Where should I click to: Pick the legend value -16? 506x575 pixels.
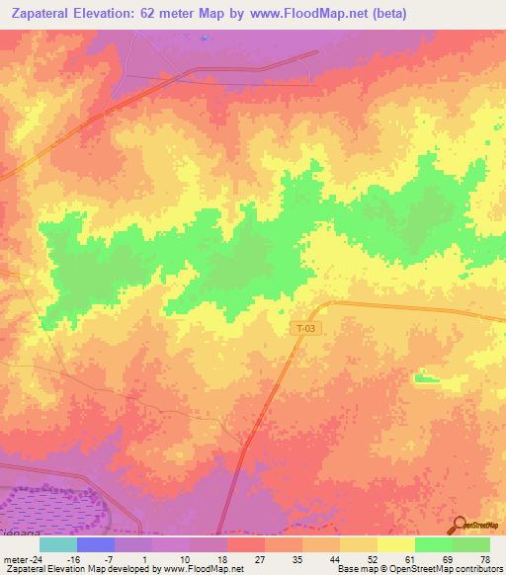click(73, 558)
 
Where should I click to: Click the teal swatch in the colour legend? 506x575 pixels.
click(57, 544)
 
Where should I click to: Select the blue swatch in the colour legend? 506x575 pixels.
click(95, 544)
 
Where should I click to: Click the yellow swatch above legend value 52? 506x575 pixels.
click(358, 544)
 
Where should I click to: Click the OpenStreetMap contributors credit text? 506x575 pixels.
click(455, 569)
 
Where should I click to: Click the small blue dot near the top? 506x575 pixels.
click(205, 39)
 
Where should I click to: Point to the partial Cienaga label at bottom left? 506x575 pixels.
click(20, 532)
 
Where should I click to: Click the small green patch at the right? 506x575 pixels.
click(427, 377)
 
